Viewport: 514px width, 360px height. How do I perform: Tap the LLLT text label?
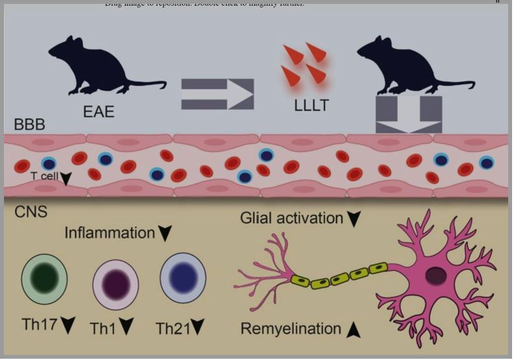coord(311,105)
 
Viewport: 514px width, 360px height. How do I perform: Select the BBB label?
coord(29,126)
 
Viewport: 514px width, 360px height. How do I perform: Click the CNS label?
coord(30,212)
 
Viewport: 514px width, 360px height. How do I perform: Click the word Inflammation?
coord(109,232)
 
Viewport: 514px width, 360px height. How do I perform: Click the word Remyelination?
coord(291,329)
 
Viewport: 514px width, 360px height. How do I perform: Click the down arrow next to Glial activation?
coord(353,219)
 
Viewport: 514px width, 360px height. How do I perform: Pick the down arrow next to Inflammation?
coord(166,233)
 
